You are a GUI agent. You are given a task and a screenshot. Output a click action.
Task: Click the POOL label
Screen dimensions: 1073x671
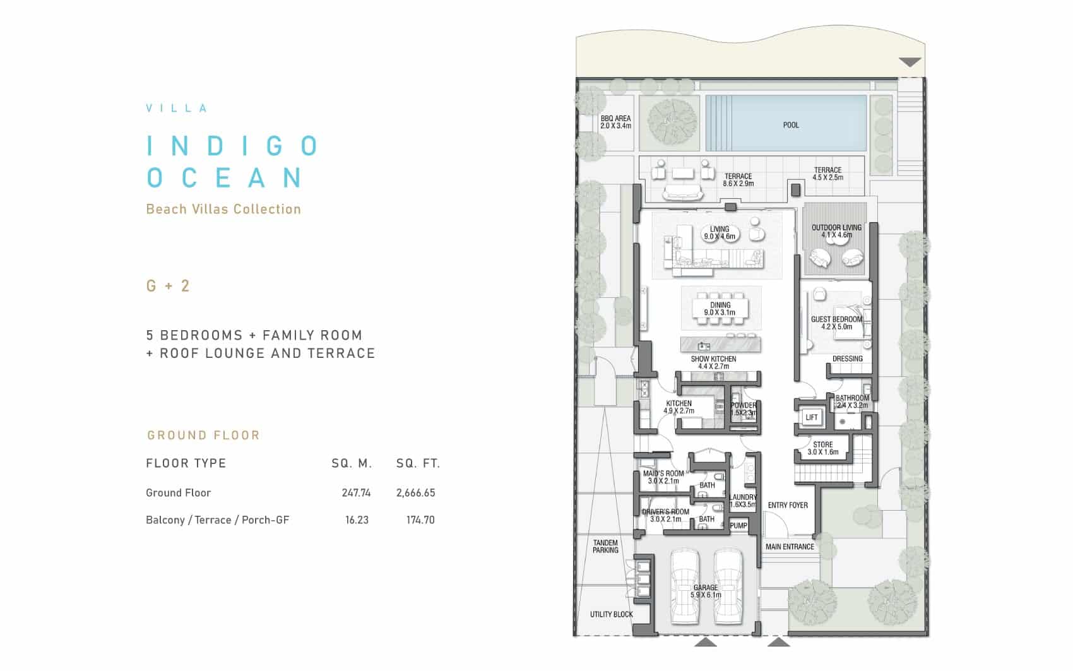click(791, 125)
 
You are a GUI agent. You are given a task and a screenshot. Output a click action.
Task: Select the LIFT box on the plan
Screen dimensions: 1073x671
click(812, 417)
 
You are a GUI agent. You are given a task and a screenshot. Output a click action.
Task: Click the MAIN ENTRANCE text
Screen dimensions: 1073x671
click(790, 547)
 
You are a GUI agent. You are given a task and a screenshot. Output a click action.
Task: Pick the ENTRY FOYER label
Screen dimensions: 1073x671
click(788, 505)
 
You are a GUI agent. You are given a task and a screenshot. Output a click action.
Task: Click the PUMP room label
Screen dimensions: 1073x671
click(738, 525)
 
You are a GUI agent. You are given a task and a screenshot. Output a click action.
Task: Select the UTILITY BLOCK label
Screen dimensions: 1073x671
click(611, 614)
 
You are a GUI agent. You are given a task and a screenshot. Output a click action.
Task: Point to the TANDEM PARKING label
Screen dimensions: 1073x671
click(605, 547)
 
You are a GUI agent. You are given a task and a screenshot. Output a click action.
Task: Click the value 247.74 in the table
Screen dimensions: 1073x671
click(356, 493)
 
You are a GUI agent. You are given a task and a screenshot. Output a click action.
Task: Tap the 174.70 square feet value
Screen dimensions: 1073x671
click(420, 520)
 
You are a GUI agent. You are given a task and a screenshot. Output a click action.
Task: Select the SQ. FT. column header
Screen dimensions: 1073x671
click(418, 463)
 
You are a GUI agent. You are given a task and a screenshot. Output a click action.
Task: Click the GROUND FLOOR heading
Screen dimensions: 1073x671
click(203, 436)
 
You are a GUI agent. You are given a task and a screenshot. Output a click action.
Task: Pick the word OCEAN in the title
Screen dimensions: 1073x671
click(224, 177)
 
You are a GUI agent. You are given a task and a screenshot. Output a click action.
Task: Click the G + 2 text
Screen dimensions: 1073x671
click(168, 286)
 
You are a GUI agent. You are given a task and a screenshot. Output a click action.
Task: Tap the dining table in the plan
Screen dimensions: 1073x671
click(720, 309)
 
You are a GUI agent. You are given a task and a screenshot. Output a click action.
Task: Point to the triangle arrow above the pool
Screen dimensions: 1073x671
click(910, 62)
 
